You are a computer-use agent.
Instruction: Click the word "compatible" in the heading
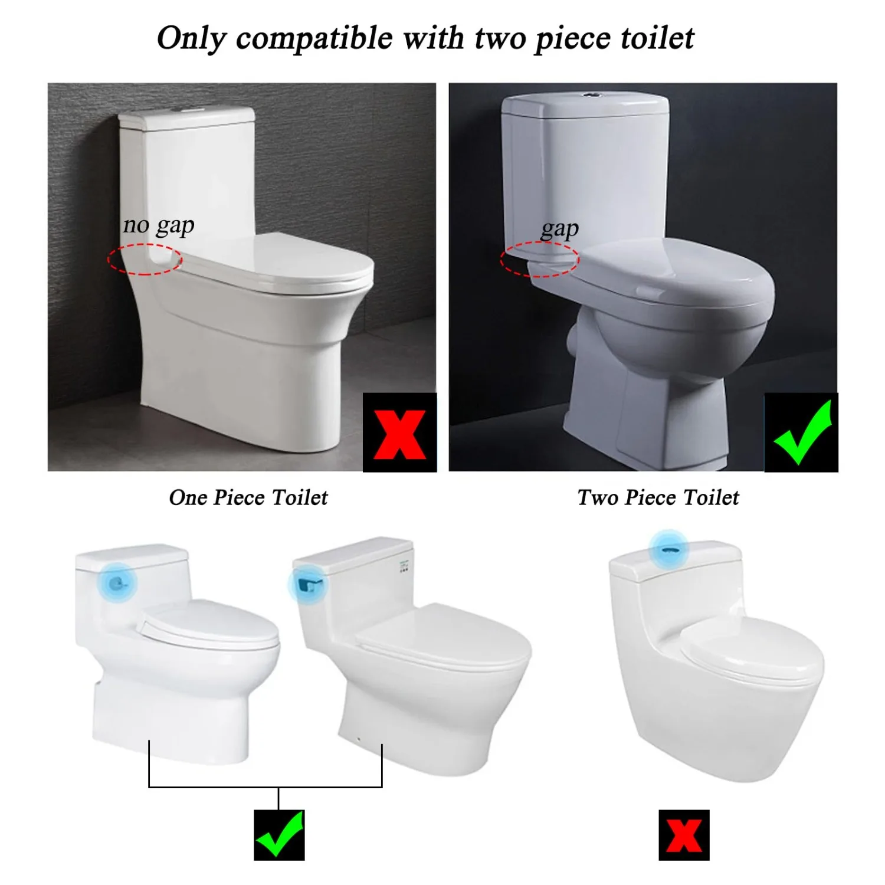point(314,39)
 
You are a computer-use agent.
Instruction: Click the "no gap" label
point(158,225)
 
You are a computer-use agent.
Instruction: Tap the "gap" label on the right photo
point(559,229)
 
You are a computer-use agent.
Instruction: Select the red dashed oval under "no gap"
point(145,260)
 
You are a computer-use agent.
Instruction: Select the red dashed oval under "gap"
point(540,259)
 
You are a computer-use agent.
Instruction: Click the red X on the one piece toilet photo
point(399,433)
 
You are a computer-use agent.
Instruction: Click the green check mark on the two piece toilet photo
point(801,433)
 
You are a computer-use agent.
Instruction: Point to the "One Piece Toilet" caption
point(248,497)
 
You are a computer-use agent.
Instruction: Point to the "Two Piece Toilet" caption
point(658,497)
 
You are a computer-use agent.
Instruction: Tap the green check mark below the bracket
point(279,835)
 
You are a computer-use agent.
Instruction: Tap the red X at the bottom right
point(684,835)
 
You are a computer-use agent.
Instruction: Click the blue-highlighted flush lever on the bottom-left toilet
point(120,583)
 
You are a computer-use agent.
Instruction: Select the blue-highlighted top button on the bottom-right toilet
point(668,549)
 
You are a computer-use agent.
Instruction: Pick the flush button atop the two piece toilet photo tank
point(590,94)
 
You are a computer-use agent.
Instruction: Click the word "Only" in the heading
point(191,39)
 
